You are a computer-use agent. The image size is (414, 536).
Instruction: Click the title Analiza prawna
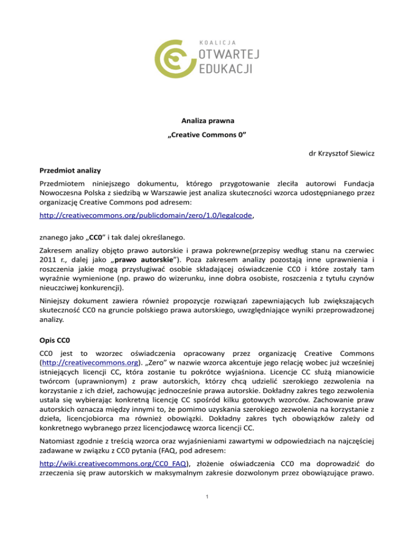click(x=206, y=122)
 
